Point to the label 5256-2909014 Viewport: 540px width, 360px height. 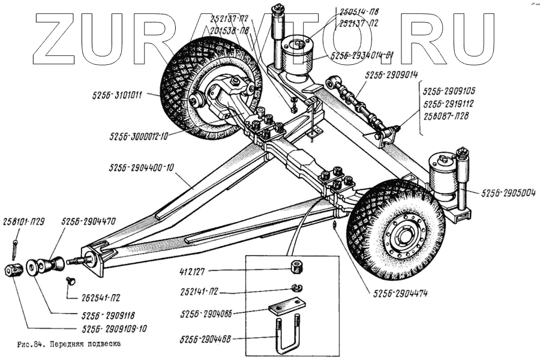[x=391, y=75]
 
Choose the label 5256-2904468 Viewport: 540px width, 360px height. [x=205, y=340]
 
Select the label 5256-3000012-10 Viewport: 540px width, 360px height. [x=139, y=136]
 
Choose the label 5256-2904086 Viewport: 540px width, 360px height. [x=205, y=313]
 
